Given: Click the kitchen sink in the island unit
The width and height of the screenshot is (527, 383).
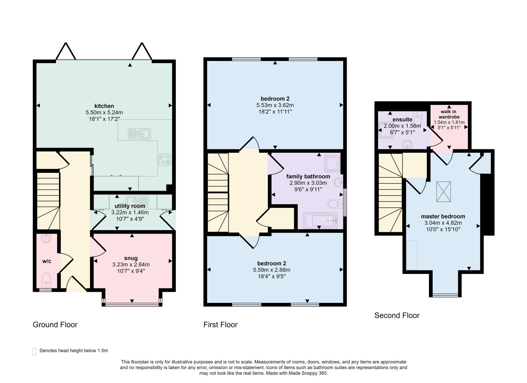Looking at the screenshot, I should (x=139, y=134).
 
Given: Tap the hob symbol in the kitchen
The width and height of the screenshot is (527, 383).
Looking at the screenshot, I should (x=165, y=160).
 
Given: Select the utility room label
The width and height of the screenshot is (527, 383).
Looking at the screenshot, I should (x=130, y=206).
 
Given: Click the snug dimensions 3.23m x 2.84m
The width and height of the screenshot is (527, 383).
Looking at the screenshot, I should (x=131, y=264).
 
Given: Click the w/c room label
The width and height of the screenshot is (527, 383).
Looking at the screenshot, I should (x=47, y=261).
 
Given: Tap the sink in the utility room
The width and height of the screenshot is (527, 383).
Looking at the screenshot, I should (x=137, y=200).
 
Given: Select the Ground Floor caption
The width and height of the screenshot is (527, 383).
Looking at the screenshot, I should (x=55, y=324).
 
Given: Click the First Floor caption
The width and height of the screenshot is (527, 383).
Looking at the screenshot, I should (x=220, y=324).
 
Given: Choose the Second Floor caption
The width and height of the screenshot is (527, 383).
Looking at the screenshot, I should (x=397, y=315).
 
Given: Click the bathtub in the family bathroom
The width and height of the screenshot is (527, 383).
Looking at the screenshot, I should (x=321, y=221).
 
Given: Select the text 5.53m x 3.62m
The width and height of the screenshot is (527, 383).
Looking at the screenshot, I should (x=275, y=105).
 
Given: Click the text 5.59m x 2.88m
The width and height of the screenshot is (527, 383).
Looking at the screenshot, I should (x=271, y=270).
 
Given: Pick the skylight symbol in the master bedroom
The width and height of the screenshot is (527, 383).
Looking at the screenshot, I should (x=443, y=191).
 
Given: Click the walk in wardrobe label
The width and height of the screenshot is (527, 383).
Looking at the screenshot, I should (x=449, y=114).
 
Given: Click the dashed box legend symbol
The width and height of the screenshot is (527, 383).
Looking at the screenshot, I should (x=34, y=352).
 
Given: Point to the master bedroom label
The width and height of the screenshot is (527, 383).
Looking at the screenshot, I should (x=443, y=217).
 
